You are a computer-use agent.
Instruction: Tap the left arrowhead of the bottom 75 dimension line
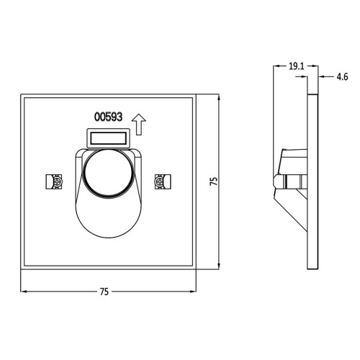pos(23,292)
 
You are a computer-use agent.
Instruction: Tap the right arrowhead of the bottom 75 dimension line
pos(194,292)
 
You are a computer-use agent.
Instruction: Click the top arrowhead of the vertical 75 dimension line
pos(218,96)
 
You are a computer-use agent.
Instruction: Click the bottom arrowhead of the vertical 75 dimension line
pos(218,268)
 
